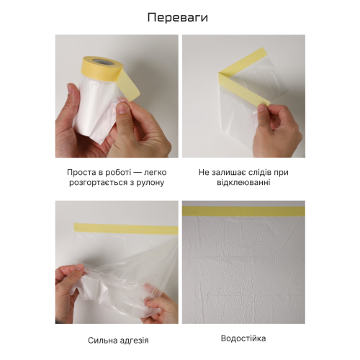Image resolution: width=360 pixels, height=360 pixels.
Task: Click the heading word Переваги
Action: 179,17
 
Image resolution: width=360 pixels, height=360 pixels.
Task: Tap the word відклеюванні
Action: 243,183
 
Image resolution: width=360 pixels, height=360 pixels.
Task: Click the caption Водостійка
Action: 243,338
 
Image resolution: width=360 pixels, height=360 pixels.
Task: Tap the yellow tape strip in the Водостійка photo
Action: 243,211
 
